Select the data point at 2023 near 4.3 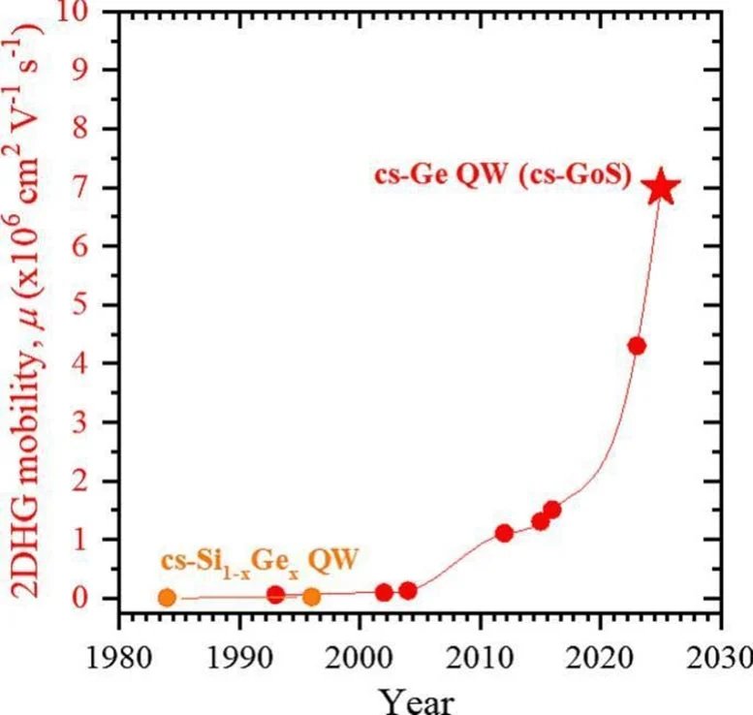click(637, 346)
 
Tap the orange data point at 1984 click(167, 598)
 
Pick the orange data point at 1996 click(311, 596)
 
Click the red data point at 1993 click(275, 594)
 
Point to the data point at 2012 click(504, 533)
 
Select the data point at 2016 click(552, 510)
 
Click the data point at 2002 click(384, 592)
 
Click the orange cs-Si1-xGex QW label click(255, 561)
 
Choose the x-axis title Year click(417, 698)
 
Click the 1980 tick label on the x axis click(118, 646)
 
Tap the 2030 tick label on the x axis click(721, 646)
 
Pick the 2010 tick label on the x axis click(480, 646)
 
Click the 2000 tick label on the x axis click(360, 646)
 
